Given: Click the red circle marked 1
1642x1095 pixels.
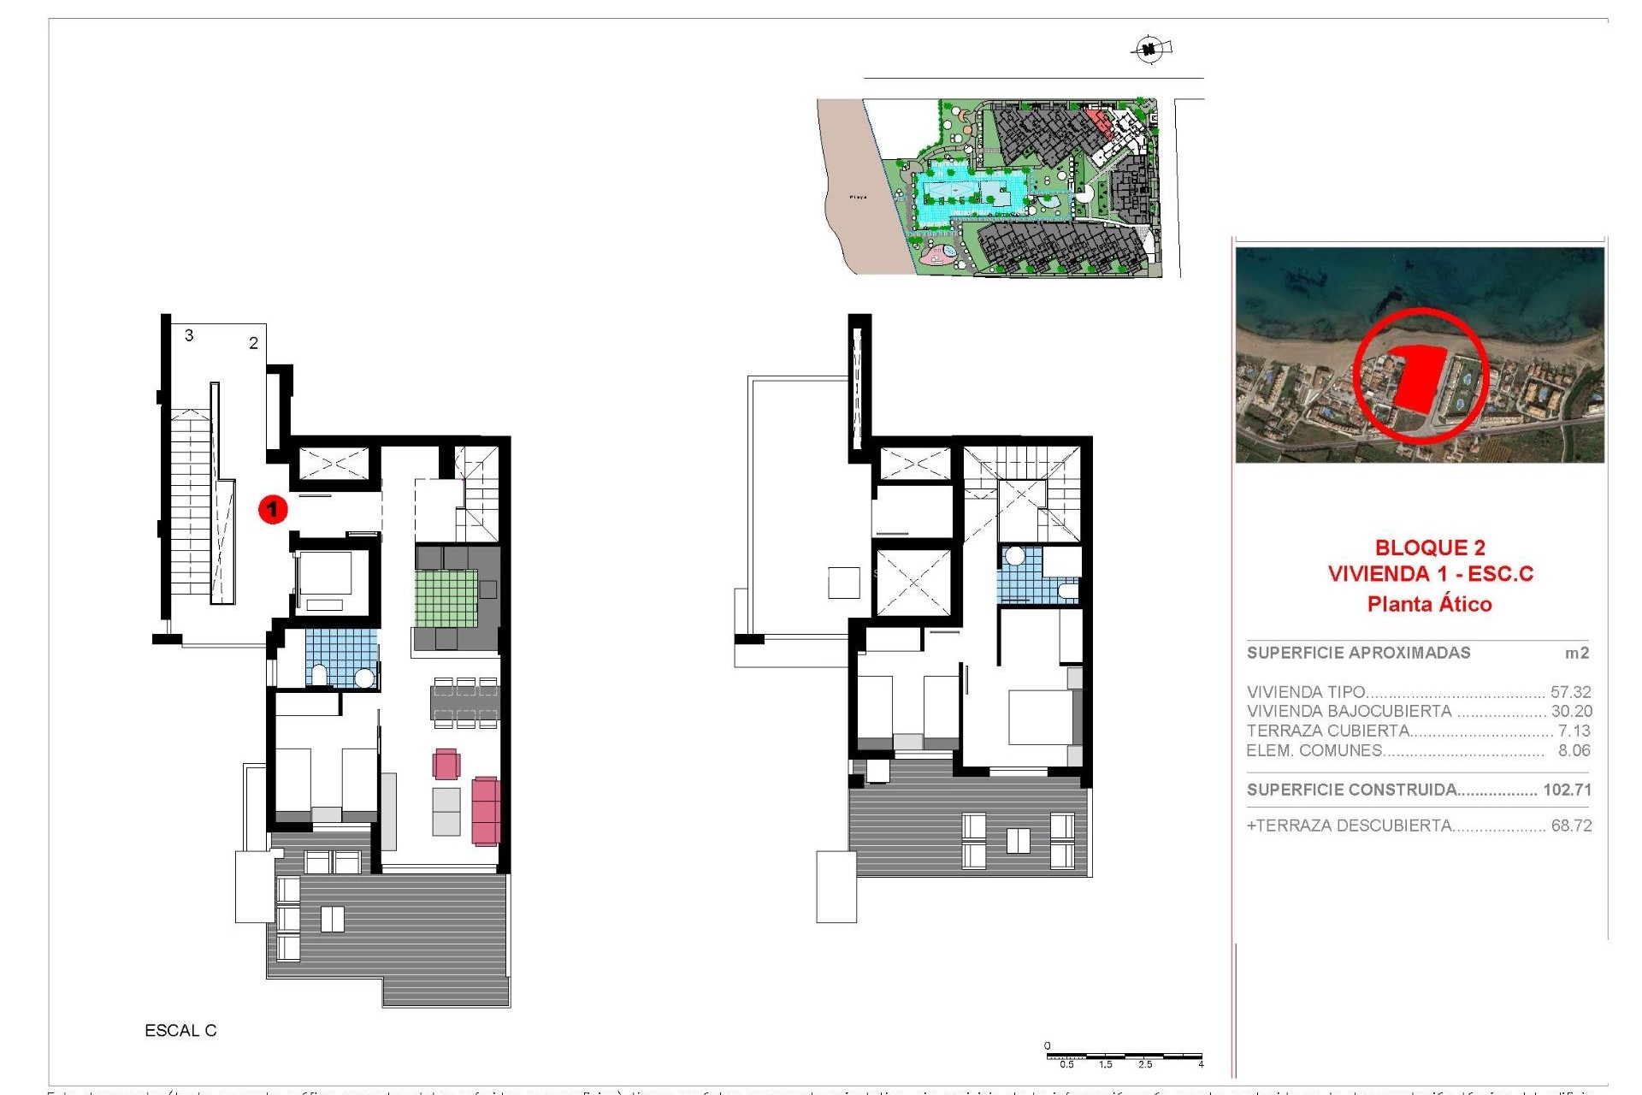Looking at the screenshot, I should click(x=273, y=510).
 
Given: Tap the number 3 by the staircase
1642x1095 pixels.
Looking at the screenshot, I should click(x=189, y=335).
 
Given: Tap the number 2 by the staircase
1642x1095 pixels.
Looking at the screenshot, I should click(x=253, y=343).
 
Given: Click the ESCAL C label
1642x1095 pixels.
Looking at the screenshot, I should click(x=180, y=1031).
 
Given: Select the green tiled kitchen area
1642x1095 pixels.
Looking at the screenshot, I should click(x=446, y=598).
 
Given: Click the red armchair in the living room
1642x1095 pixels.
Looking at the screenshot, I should click(x=446, y=763).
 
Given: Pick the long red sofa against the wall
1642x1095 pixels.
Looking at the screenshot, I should click(x=485, y=809).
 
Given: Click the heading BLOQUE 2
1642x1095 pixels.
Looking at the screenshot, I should click(x=1429, y=547).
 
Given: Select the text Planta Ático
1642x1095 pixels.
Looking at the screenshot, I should click(x=1429, y=604).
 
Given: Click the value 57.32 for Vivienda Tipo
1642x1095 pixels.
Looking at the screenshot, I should click(x=1570, y=692).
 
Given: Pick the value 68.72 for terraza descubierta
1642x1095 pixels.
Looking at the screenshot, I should click(x=1570, y=826).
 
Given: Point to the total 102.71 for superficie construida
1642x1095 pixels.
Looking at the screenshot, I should click(x=1567, y=790).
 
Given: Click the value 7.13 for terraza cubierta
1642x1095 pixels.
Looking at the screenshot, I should click(x=1574, y=731).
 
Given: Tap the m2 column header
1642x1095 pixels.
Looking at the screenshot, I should click(x=1576, y=654).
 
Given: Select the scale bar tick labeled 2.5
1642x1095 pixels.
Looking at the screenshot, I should click(x=1144, y=1065).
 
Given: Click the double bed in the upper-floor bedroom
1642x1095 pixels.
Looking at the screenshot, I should click(x=1041, y=717).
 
